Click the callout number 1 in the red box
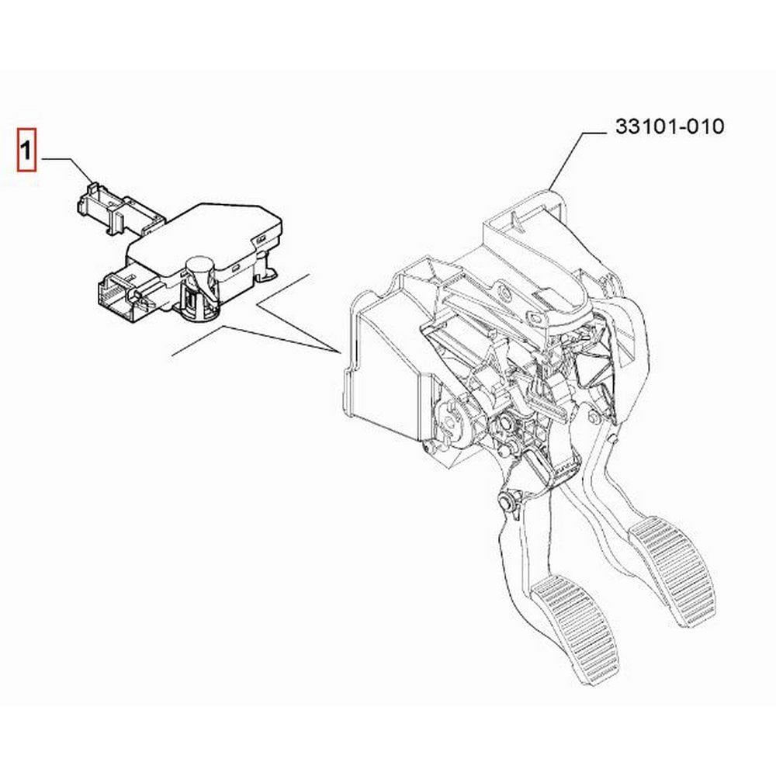click(26, 150)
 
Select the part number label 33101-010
click(670, 126)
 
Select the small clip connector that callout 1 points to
click(120, 208)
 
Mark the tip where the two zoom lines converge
click(341, 352)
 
